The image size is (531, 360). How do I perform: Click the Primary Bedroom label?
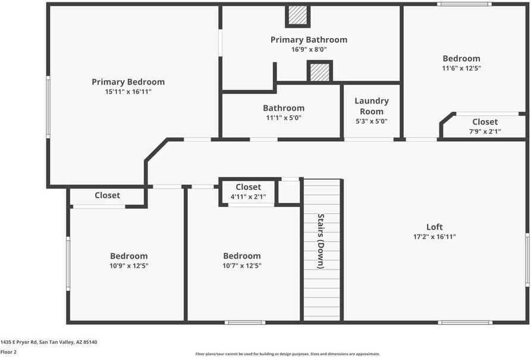128,82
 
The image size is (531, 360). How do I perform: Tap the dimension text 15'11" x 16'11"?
128,92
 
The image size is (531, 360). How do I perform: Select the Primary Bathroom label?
309,40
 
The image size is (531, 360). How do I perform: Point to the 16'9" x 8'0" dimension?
309,49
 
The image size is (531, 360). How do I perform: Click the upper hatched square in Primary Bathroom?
298,16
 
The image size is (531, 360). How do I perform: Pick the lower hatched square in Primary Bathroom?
319,72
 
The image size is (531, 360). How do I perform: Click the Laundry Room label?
372,106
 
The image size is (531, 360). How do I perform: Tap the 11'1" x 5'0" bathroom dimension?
284,118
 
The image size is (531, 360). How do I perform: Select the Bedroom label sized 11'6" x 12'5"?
461,58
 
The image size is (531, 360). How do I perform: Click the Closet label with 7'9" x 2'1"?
485,122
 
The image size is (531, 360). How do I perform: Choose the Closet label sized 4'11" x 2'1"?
248,187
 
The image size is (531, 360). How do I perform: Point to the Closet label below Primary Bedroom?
107,195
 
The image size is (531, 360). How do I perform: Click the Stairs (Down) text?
321,241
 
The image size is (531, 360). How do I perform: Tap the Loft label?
435,227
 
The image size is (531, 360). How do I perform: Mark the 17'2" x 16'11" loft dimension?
435,236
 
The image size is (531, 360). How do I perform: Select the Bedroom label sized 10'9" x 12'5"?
128,256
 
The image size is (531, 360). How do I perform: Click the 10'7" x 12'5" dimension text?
241,265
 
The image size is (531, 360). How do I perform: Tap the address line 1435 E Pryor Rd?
49,342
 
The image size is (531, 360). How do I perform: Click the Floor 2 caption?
9,352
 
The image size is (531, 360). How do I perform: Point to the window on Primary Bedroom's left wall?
48,107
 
